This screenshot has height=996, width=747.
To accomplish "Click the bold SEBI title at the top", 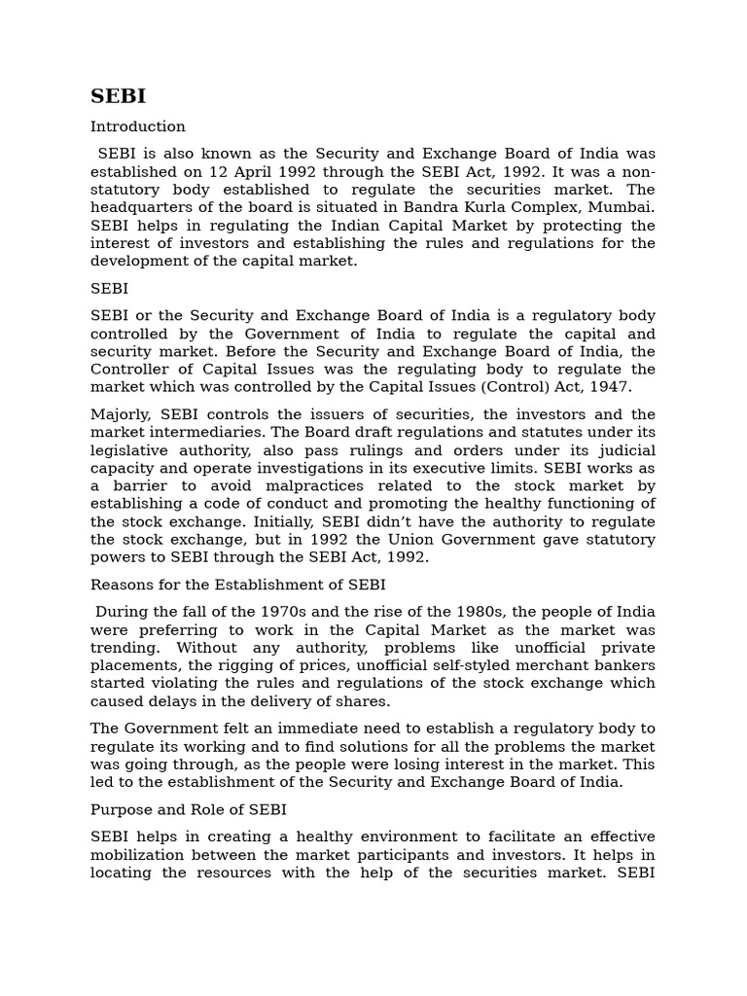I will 117,96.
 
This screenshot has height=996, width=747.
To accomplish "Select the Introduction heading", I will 137,126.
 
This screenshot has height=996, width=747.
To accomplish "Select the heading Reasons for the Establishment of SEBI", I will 237,585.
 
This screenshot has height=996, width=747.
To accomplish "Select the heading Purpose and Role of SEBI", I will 189,809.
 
